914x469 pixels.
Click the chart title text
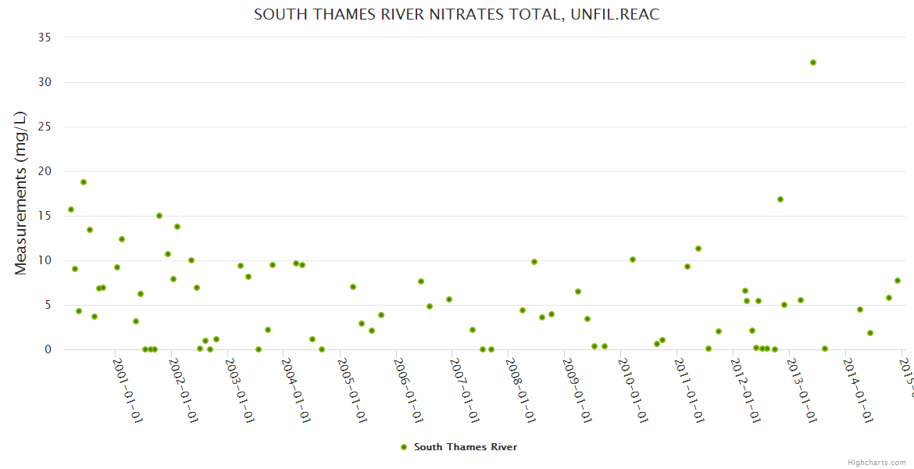pos(456,15)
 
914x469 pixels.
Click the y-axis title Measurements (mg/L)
pos(21,193)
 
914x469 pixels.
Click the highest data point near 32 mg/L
pos(813,63)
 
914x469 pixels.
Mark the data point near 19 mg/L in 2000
pos(84,182)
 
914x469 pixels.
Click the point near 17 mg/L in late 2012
pos(780,199)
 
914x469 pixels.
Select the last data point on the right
pos(898,281)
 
